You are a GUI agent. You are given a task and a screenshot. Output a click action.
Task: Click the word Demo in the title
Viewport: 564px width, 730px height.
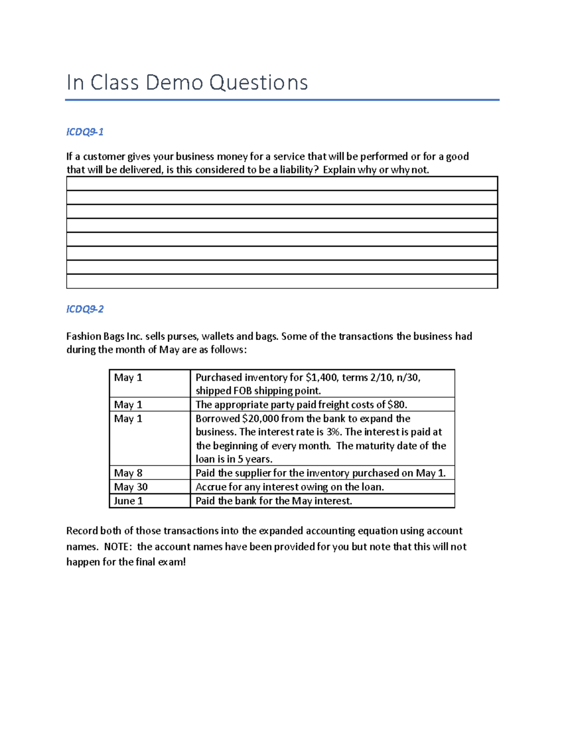tap(174, 83)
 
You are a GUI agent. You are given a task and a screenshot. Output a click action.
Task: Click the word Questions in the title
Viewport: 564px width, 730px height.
tap(258, 83)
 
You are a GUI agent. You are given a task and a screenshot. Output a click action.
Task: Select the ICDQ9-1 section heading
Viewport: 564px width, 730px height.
tap(85, 132)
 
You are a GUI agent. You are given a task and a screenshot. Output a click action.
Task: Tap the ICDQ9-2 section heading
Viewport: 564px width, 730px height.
tap(85, 309)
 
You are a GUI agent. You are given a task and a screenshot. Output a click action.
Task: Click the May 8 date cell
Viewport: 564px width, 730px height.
tap(128, 473)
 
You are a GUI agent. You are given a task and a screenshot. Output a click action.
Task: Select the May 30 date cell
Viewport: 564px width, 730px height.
tap(131, 487)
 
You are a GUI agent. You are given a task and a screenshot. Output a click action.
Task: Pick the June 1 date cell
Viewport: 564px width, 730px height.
tap(128, 501)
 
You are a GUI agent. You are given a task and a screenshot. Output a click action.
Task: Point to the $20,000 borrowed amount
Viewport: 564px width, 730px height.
tap(260, 418)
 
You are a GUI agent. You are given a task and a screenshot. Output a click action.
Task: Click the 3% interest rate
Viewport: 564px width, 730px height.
tap(333, 432)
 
